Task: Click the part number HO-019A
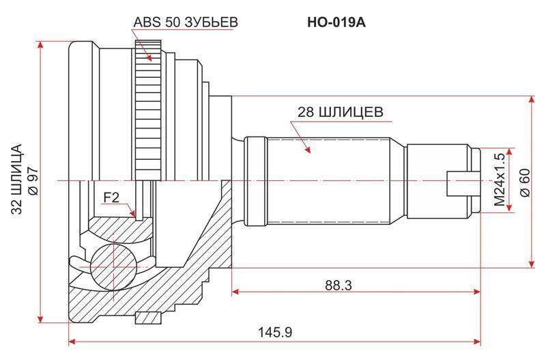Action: tap(336, 23)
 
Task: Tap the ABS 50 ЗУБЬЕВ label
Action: tap(186, 22)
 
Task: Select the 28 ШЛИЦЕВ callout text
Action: tap(340, 112)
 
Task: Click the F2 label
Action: tap(111, 197)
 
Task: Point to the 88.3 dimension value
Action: tap(339, 286)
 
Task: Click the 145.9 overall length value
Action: tap(275, 332)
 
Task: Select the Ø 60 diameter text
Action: tap(525, 182)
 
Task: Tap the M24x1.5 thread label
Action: tap(499, 180)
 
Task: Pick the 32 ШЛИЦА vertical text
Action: tap(16, 178)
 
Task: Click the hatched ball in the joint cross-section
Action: tap(113, 266)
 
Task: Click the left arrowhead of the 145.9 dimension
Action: tap(72, 342)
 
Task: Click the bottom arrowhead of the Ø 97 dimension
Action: tap(41, 318)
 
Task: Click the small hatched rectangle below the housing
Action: tap(148, 318)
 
